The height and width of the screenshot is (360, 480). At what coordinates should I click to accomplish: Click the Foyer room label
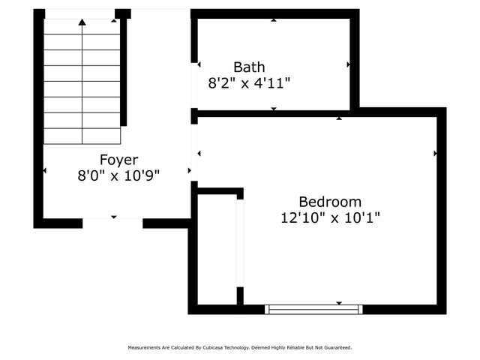[x=118, y=160]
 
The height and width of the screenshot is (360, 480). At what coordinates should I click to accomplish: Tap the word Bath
[x=249, y=67]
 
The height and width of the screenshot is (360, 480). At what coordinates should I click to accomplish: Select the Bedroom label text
[x=330, y=202]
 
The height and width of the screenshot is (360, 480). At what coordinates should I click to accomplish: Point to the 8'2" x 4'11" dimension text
[x=249, y=83]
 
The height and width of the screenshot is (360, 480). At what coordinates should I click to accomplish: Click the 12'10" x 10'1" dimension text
[x=330, y=218]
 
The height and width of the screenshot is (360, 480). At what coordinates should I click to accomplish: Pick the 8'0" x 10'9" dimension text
[x=118, y=176]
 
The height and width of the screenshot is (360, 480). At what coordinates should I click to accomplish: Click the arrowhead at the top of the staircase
[x=82, y=22]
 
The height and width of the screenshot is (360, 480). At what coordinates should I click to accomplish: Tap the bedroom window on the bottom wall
[x=313, y=309]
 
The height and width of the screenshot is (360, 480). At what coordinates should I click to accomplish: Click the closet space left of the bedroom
[x=217, y=249]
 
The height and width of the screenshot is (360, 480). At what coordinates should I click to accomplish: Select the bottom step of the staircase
[x=82, y=136]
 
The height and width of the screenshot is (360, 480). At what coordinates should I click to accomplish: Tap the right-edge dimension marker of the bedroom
[x=435, y=153]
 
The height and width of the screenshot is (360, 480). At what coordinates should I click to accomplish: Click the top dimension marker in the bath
[x=274, y=20]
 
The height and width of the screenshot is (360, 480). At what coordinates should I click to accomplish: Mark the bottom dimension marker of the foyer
[x=114, y=217]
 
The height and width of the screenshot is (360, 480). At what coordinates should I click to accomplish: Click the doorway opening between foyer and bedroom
[x=194, y=152]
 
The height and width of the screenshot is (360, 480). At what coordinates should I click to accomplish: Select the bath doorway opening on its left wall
[x=194, y=85]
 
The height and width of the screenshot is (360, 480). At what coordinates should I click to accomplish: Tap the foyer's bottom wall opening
[x=112, y=223]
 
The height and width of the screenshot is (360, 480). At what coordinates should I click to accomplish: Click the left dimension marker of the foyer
[x=45, y=170]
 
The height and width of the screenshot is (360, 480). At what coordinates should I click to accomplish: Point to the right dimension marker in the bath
[x=348, y=64]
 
